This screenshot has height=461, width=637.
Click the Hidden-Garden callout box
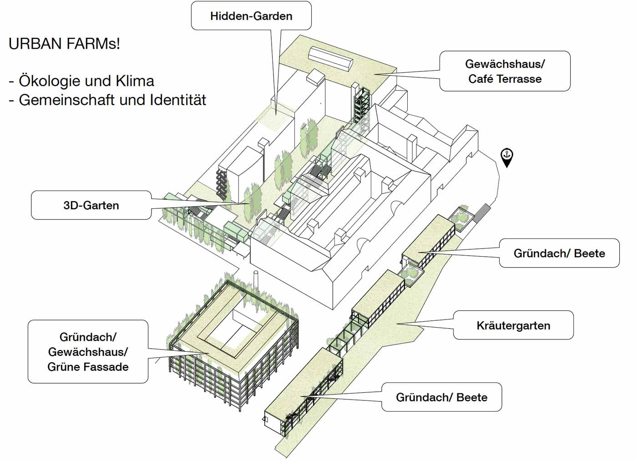click(x=251, y=16)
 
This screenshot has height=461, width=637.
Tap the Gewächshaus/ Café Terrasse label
click(x=505, y=71)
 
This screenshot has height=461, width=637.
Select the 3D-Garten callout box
click(x=91, y=205)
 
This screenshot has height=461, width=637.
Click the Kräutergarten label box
click(x=513, y=325)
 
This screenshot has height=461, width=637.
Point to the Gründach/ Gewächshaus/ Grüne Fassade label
click(x=88, y=352)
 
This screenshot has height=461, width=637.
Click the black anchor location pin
click(x=506, y=157)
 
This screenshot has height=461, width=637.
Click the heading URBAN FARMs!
click(x=65, y=44)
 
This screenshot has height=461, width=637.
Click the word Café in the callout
click(x=481, y=79)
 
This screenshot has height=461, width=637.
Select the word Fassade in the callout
click(x=107, y=367)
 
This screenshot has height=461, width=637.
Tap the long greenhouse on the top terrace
click(x=331, y=58)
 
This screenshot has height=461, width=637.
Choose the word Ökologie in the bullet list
click(x=50, y=81)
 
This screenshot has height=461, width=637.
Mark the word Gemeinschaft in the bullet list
click(x=67, y=100)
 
